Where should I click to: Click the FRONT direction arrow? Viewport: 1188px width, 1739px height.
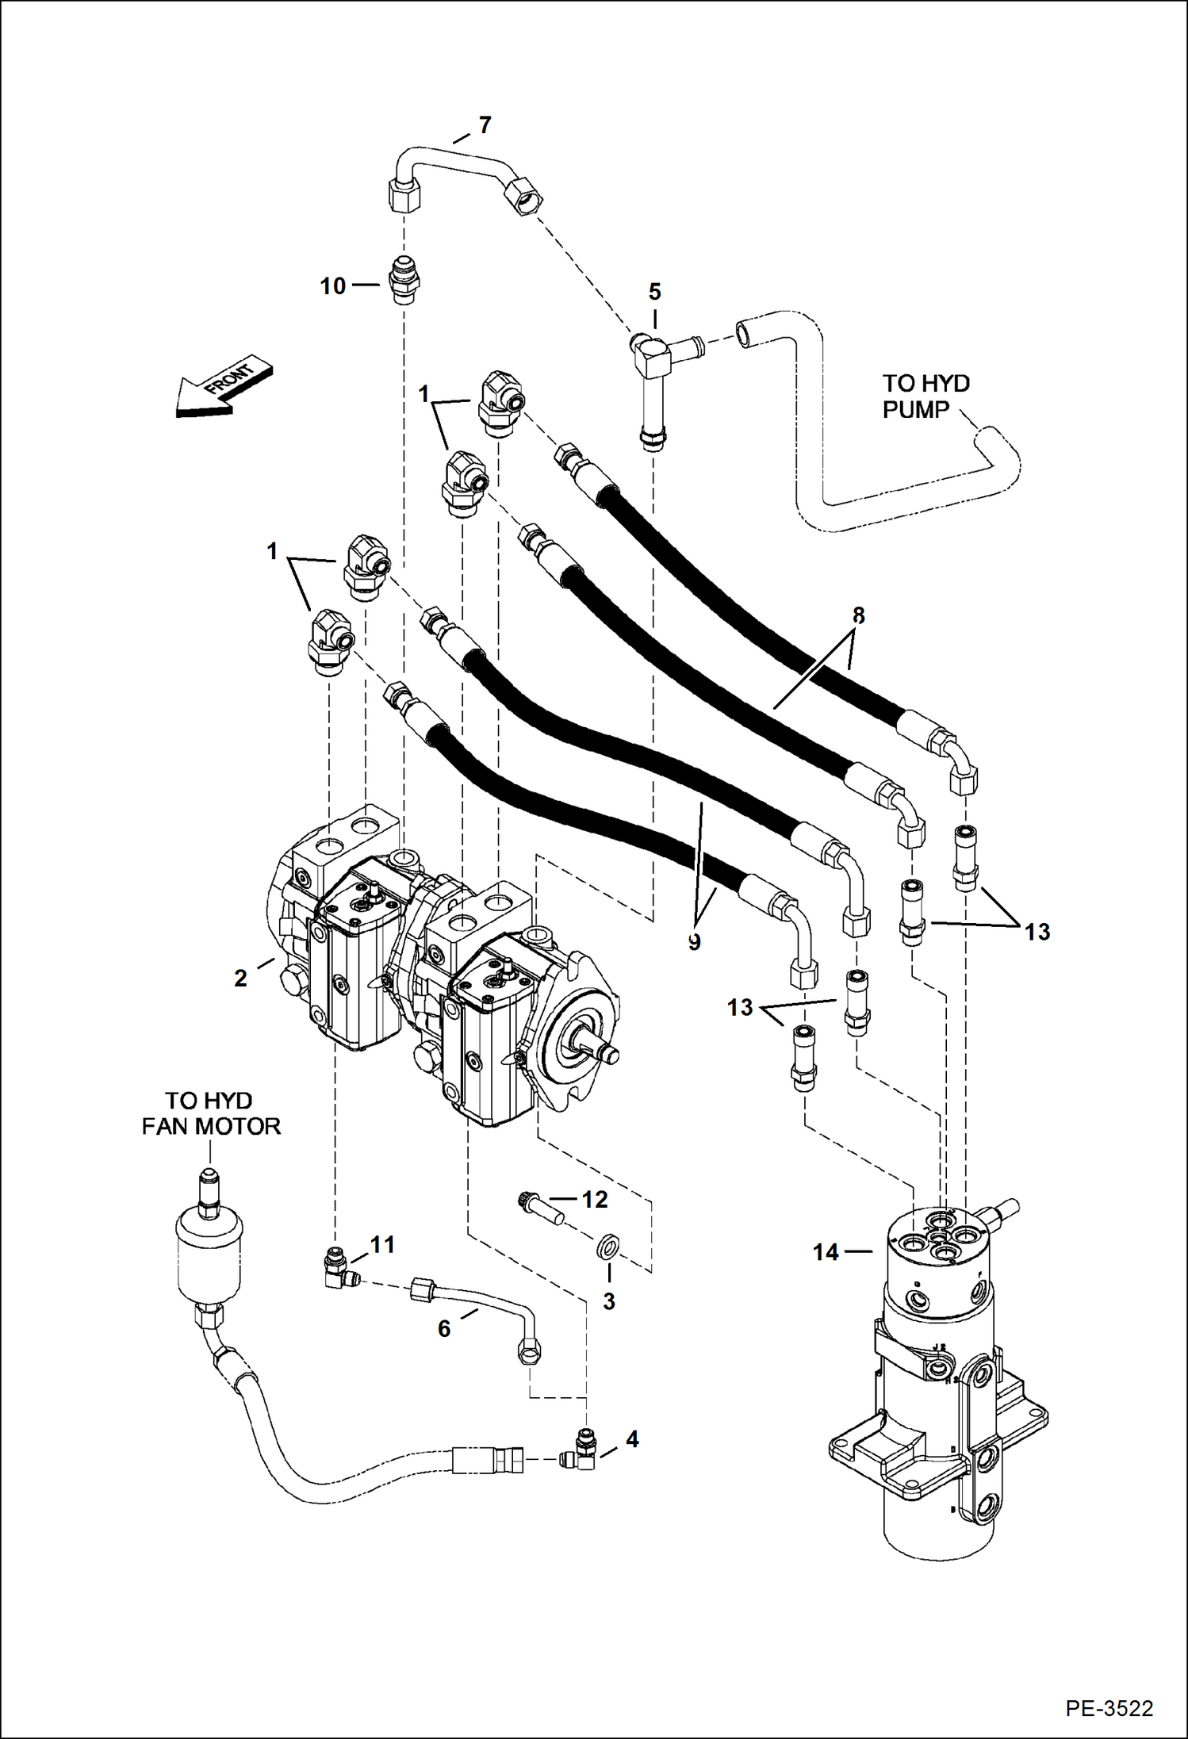[x=224, y=387]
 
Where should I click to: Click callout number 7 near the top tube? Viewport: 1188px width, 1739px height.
[x=485, y=125]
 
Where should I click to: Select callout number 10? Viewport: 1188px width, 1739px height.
[x=333, y=286]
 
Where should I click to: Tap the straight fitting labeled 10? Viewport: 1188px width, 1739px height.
[x=407, y=282]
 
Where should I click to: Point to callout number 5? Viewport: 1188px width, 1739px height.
[x=654, y=292]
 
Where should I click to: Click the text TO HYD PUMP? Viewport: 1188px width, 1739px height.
[x=925, y=396]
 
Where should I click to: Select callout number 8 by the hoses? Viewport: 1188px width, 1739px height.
[x=858, y=615]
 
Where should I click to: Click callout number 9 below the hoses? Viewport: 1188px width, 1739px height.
[x=694, y=943]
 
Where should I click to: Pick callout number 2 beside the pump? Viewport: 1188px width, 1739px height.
[x=241, y=979]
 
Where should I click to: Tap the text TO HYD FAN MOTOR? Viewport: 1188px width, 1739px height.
[x=210, y=1113]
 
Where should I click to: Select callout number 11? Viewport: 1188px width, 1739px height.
[x=383, y=1245]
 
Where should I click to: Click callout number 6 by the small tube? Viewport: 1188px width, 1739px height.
[x=444, y=1328]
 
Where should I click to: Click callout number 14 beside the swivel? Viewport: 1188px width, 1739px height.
[x=826, y=1252]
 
